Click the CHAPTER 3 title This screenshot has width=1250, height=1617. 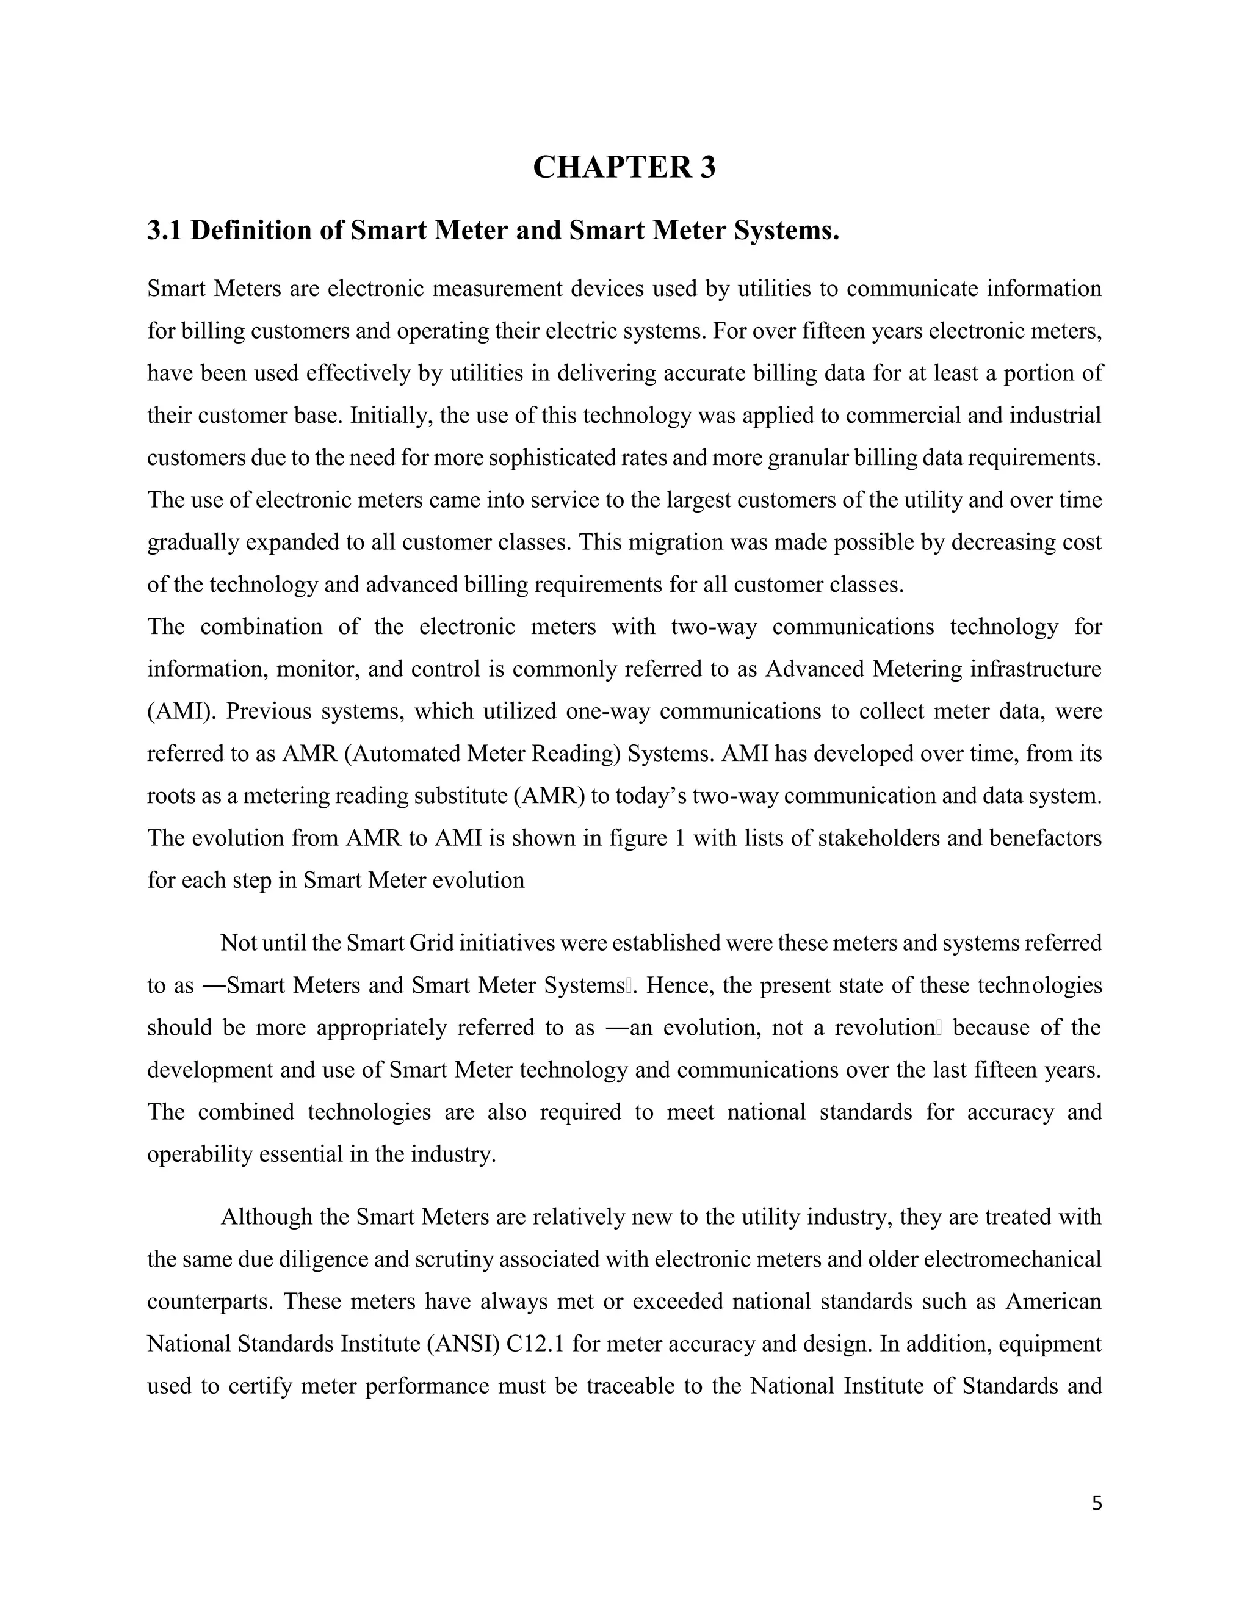(x=624, y=167)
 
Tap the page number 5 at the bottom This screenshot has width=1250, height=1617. (x=1097, y=1503)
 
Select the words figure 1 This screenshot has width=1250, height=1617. (x=646, y=838)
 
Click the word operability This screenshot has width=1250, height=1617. (x=199, y=1154)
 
